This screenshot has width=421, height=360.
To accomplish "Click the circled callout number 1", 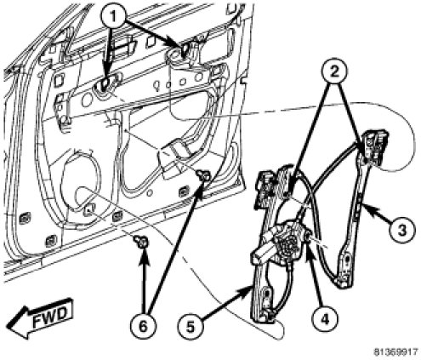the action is pos(113,17).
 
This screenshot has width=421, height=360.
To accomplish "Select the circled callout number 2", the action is pos(334,71).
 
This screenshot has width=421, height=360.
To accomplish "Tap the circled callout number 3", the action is pos(401,230).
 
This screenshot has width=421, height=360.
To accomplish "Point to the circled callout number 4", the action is pos(325,319).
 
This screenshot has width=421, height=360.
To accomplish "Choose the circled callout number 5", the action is pos(191,327).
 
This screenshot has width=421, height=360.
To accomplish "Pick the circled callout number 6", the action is pos(143,327).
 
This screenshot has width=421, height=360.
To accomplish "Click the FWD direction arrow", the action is pos(40,317).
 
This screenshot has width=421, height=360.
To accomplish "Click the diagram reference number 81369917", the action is pos(395,352).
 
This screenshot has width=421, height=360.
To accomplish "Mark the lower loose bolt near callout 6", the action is pos(141,242).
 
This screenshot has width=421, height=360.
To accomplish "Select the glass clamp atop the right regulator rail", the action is pos(374,146).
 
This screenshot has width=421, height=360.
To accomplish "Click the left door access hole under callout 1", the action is pos(105,84).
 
